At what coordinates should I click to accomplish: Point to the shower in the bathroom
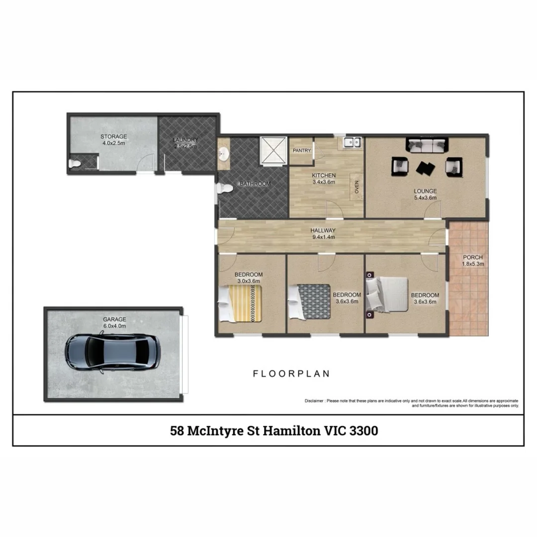click(x=273, y=150)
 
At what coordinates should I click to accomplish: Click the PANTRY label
click(x=302, y=150)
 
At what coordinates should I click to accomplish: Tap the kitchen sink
click(x=352, y=143)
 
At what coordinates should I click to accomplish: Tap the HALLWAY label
click(x=323, y=230)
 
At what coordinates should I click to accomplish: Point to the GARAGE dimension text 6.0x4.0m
click(x=114, y=326)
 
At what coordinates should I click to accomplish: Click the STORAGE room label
click(x=114, y=136)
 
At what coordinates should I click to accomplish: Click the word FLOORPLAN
click(x=291, y=373)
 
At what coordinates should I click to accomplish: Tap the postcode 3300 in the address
click(x=363, y=431)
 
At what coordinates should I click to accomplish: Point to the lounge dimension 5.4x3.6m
click(x=426, y=197)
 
